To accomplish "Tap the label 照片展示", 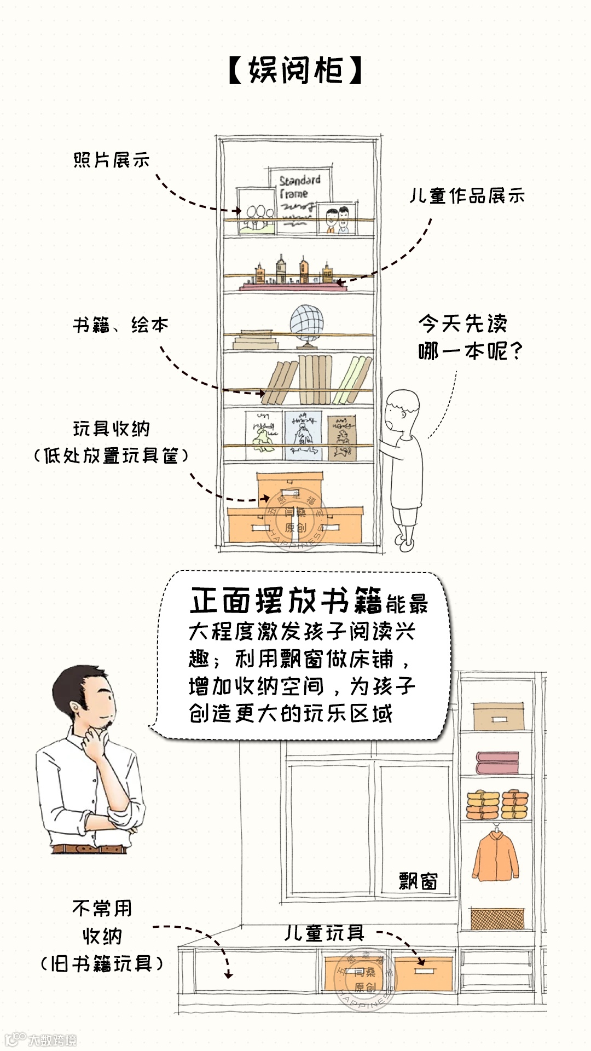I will tap(112, 160).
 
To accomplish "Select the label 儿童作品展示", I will tap(467, 195).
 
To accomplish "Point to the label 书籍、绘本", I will tap(120, 325).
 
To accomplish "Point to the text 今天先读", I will tap(463, 324).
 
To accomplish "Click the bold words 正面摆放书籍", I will tap(286, 600).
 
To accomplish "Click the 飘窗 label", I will tap(418, 881).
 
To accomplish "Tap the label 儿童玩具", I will tap(325, 933).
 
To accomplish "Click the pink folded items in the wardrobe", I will tap(497, 763).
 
